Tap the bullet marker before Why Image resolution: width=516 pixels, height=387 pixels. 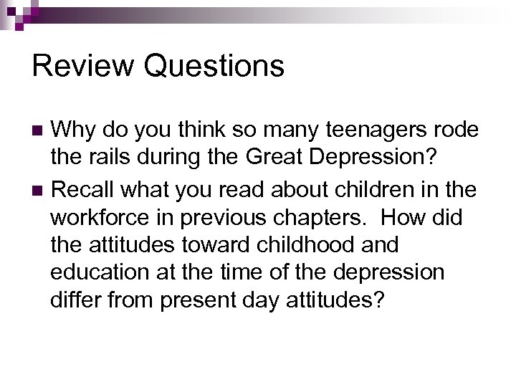(x=39, y=131)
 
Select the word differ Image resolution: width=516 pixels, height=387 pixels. (x=77, y=300)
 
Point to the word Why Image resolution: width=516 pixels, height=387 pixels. (x=75, y=131)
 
